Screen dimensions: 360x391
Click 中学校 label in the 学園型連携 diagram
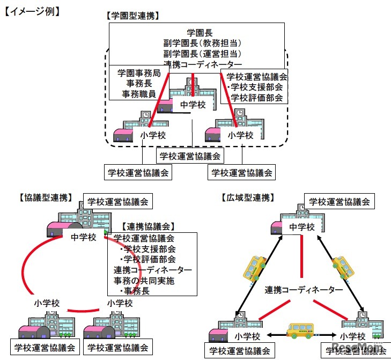[x=193, y=105]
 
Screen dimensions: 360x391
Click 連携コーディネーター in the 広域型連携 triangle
[x=304, y=290]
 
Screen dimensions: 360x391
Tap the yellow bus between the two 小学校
[x=301, y=331]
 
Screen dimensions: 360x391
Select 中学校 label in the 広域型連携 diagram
[x=302, y=227]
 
